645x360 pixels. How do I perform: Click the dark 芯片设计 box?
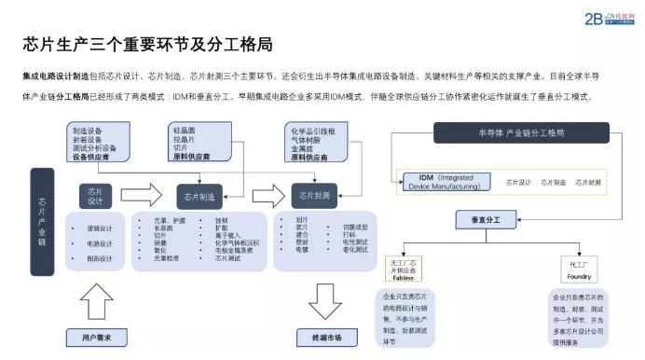click(x=96, y=196)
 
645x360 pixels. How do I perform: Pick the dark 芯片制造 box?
click(x=199, y=197)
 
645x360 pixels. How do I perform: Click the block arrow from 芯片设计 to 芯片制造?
click(x=142, y=196)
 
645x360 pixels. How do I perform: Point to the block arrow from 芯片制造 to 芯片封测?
click(x=266, y=196)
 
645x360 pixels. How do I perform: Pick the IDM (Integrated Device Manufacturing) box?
click(x=444, y=181)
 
